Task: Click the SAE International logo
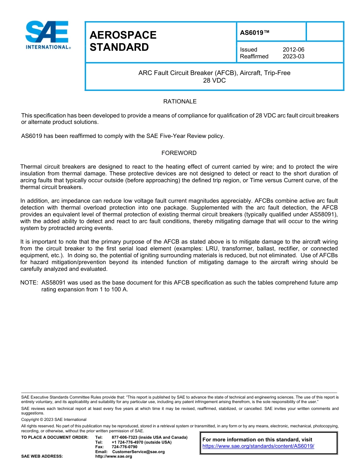47,35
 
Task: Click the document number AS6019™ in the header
255,33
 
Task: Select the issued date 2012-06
293,50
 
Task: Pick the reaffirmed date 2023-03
293,56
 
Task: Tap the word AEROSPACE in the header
123,35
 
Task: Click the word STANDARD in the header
119,47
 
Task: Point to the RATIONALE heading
180,102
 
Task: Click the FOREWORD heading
179,153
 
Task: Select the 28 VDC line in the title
214,80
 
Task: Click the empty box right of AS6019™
324,31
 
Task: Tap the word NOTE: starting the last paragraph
29,283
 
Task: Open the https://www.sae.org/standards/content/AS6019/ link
258,446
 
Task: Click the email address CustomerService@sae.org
138,452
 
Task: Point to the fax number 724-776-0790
124,447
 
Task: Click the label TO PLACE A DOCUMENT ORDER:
55,438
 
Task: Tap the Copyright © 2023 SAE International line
54,419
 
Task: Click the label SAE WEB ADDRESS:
42,456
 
